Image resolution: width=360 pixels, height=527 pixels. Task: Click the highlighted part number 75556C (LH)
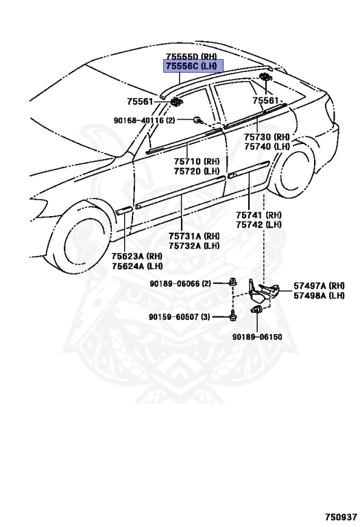click(x=193, y=66)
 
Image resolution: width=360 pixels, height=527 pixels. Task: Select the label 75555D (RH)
click(x=191, y=56)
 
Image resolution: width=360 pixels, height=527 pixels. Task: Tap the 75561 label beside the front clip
click(x=140, y=101)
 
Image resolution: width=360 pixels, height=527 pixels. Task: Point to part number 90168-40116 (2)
click(x=145, y=120)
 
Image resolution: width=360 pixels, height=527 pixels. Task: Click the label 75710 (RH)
click(x=196, y=161)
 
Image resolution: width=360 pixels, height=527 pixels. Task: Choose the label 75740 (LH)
click(x=267, y=147)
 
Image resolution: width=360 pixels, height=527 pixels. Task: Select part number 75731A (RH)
click(x=194, y=236)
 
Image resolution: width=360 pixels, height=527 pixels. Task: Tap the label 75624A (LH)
click(x=137, y=266)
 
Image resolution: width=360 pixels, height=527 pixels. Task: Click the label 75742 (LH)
click(x=259, y=224)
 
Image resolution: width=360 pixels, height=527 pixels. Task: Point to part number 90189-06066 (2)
click(x=180, y=283)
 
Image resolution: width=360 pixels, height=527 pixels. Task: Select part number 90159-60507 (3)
click(x=180, y=316)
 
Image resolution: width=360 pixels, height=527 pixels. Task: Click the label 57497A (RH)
click(x=319, y=285)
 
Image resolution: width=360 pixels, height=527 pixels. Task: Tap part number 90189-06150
click(x=257, y=337)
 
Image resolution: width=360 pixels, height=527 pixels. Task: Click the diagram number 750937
click(x=341, y=517)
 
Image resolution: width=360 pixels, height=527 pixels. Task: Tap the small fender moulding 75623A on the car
click(x=124, y=211)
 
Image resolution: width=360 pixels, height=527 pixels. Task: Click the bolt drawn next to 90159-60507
click(x=232, y=316)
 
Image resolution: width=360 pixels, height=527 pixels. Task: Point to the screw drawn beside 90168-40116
click(x=197, y=119)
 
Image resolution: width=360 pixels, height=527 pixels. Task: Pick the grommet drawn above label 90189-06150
click(x=257, y=309)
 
